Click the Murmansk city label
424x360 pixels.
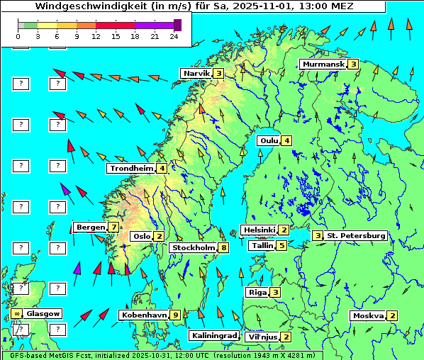(x=323, y=64)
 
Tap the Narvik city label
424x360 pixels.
(x=196, y=73)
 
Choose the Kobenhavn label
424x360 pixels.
(x=144, y=315)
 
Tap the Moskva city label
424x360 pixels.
(x=368, y=316)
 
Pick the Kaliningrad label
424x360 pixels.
(x=213, y=336)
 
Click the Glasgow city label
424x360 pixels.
(x=43, y=313)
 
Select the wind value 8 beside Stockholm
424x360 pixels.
(x=224, y=248)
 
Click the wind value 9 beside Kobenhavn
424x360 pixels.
(x=175, y=315)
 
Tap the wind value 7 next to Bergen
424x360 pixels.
(x=113, y=227)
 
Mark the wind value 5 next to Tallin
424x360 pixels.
(x=281, y=246)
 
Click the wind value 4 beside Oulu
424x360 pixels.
(x=286, y=140)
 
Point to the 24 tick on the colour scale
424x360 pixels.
(x=174, y=35)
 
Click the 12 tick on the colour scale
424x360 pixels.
(x=96, y=35)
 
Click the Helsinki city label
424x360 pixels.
(x=259, y=230)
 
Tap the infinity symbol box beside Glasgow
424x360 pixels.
(x=16, y=313)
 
